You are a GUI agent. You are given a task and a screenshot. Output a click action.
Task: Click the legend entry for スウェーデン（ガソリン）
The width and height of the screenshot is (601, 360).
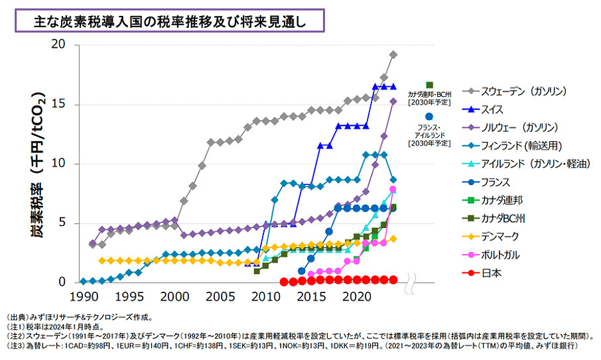coord(523,91)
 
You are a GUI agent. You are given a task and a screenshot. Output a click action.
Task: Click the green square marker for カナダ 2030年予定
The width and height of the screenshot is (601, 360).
coord(429,86)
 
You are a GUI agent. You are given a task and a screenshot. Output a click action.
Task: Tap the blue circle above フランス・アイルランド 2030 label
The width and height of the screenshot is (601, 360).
coord(429,117)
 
